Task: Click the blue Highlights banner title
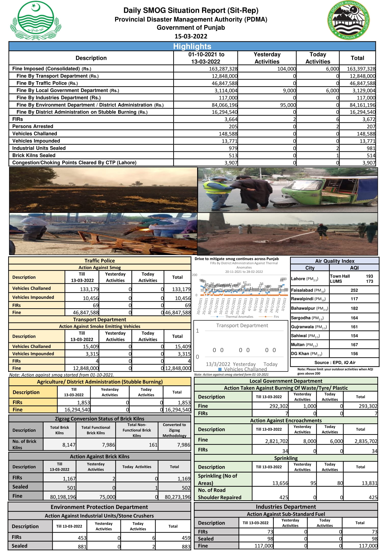pyautogui.click(x=192, y=46)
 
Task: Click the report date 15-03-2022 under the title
pyautogui.click(x=191, y=36)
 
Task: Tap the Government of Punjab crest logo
pyautogui.click(x=35, y=20)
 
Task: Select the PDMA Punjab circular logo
pyautogui.click(x=348, y=20)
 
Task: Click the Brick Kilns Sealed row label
pyautogui.click(x=34, y=155)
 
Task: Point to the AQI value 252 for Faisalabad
pyautogui.click(x=354, y=290)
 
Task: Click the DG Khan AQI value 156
pyautogui.click(x=354, y=354)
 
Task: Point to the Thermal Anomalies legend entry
pyautogui.click(x=239, y=317)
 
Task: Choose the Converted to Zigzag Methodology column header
pyautogui.click(x=174, y=430)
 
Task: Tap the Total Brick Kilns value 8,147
pyautogui.click(x=69, y=445)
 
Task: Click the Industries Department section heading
pyautogui.click(x=286, y=507)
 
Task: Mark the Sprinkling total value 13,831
pyautogui.click(x=369, y=483)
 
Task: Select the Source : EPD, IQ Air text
pyautogui.click(x=335, y=362)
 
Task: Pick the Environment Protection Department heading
pyautogui.click(x=99, y=507)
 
